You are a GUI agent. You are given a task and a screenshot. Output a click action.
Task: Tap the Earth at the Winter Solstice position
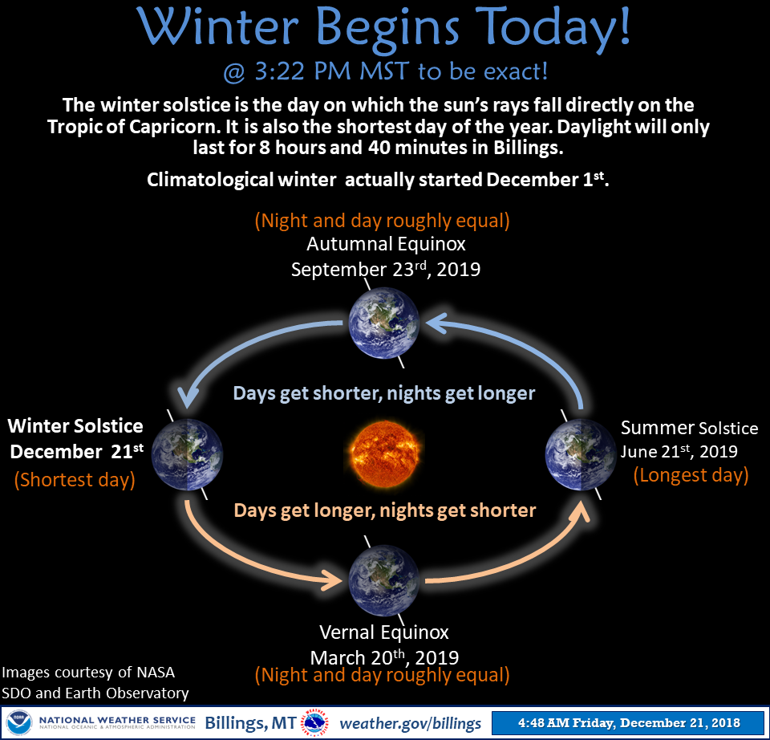(187, 455)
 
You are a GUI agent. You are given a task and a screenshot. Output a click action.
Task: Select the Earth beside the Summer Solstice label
(581, 455)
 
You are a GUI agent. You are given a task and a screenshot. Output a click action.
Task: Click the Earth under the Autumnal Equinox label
(384, 323)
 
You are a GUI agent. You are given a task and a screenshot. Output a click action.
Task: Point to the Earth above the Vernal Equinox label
(384, 579)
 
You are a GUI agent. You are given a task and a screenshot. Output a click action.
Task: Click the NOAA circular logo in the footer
(19, 723)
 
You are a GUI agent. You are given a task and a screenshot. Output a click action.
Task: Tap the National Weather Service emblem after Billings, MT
(314, 723)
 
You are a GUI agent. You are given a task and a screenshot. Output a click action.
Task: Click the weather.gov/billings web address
(411, 723)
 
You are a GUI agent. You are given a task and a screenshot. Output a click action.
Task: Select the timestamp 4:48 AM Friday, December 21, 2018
(629, 723)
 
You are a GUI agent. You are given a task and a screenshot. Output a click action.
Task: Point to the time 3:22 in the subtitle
(280, 71)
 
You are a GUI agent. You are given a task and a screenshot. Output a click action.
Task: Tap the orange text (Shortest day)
(75, 480)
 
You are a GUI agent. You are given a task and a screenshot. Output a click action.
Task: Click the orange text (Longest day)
(691, 475)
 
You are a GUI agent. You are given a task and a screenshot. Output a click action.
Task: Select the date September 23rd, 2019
(386, 269)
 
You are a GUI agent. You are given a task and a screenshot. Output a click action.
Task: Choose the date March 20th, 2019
(384, 657)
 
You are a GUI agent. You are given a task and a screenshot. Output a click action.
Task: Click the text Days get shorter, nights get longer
(384, 393)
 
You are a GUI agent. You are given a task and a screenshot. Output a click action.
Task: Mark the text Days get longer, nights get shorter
(385, 510)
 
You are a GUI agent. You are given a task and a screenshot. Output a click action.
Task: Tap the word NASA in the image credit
(156, 673)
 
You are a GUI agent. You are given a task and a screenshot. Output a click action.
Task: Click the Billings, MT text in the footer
(250, 723)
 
